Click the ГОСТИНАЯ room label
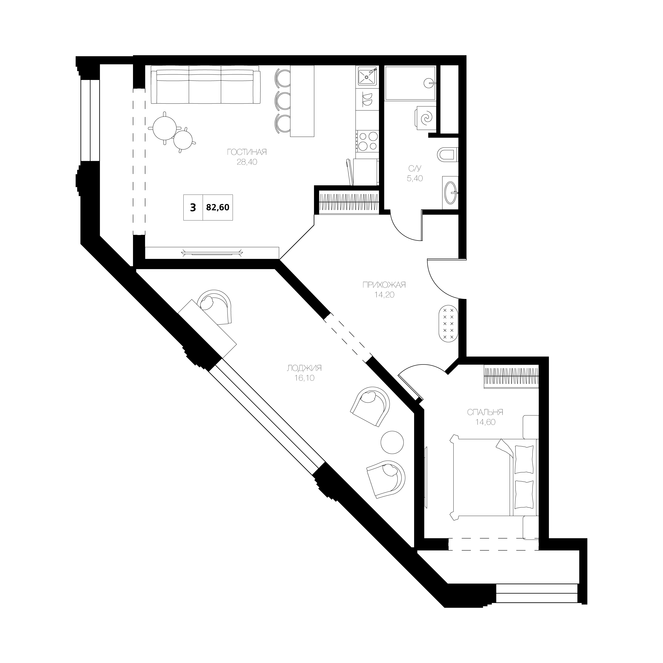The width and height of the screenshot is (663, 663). point(247,152)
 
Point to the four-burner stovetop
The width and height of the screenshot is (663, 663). point(368,141)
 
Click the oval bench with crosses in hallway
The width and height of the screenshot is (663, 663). point(448,323)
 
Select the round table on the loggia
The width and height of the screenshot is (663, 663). point(392,442)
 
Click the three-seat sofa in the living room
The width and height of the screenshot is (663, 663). point(205,85)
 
